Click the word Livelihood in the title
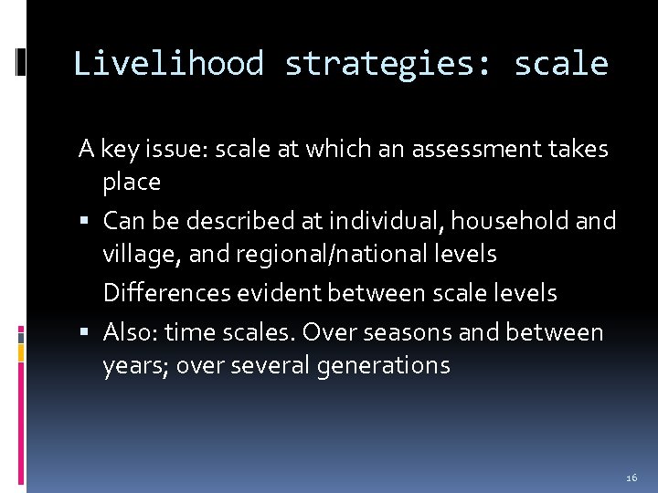click(x=168, y=64)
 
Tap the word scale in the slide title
click(x=561, y=64)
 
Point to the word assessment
click(x=462, y=149)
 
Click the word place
click(x=132, y=182)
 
